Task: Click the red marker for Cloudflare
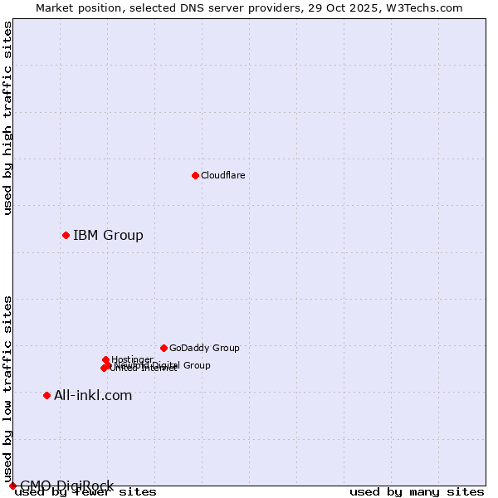pyautogui.click(x=195, y=175)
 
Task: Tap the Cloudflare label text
pyautogui.click(x=222, y=175)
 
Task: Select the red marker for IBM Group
pyautogui.click(x=66, y=235)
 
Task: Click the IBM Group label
pyautogui.click(x=108, y=235)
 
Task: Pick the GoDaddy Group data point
pyautogui.click(x=164, y=348)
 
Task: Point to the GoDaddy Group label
pyautogui.click(x=204, y=348)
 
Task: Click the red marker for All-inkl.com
pyautogui.click(x=46, y=395)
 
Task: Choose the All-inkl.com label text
pyautogui.click(x=93, y=395)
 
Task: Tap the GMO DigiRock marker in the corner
pyautogui.click(x=12, y=486)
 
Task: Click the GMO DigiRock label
pyautogui.click(x=66, y=486)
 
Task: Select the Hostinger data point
pyautogui.click(x=105, y=359)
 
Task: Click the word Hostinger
pyautogui.click(x=132, y=359)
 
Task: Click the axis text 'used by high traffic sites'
pyautogui.click(x=8, y=118)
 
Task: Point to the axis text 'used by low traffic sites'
pyautogui.click(x=8, y=388)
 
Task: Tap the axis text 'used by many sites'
pyautogui.click(x=417, y=492)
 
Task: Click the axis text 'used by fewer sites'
pyautogui.click(x=85, y=492)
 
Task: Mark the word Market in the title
pyautogui.click(x=55, y=7)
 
